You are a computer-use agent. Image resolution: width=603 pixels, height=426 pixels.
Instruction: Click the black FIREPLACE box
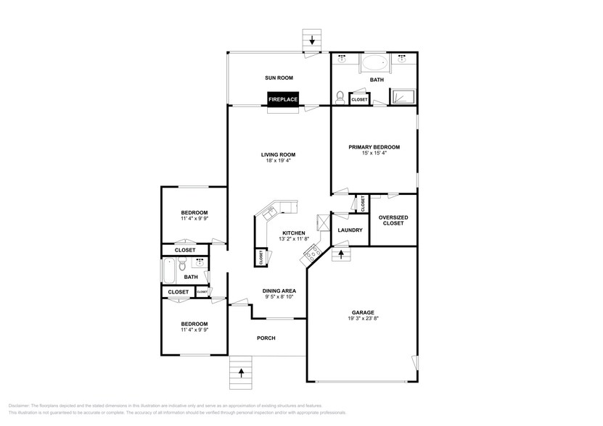click(x=283, y=99)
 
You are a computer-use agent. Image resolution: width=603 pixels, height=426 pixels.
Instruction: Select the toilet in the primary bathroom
click(x=340, y=96)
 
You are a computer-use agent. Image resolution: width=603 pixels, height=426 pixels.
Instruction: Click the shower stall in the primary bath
click(x=401, y=96)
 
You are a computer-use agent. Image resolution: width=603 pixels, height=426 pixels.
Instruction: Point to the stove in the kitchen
click(x=312, y=253)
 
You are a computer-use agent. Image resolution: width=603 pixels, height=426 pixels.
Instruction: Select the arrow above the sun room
click(x=312, y=40)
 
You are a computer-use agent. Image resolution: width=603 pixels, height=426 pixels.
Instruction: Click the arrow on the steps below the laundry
click(x=342, y=255)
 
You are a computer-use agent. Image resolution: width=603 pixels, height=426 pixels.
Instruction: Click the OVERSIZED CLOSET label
click(x=393, y=220)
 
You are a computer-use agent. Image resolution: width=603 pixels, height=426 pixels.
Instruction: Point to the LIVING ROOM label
click(x=279, y=154)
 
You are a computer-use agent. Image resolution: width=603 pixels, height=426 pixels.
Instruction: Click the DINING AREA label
click(x=279, y=291)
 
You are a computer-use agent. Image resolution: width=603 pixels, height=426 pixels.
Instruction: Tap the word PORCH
click(x=266, y=338)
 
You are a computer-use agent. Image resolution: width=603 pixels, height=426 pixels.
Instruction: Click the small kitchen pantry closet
click(x=260, y=256)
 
